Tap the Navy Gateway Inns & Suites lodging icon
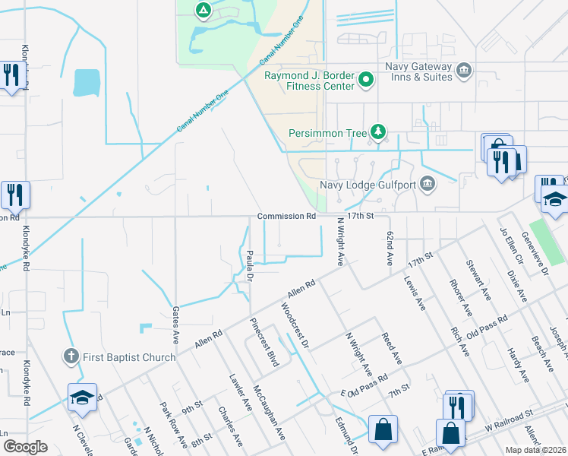click(463, 71)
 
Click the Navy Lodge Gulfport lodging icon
click(428, 182)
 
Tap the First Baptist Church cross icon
click(71, 356)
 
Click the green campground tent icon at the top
click(203, 10)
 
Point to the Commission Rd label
click(286, 216)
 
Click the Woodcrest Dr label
click(295, 326)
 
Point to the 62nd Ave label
click(388, 249)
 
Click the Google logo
click(25, 447)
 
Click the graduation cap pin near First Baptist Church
click(82, 397)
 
